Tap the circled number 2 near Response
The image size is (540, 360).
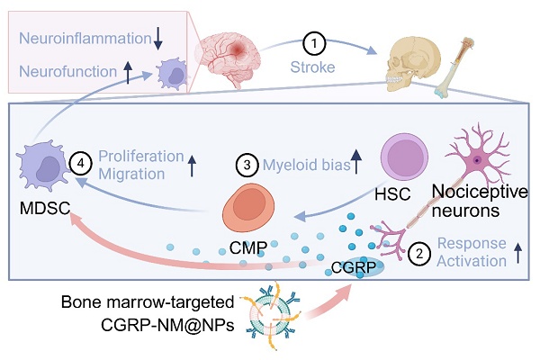pos(416,254)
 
